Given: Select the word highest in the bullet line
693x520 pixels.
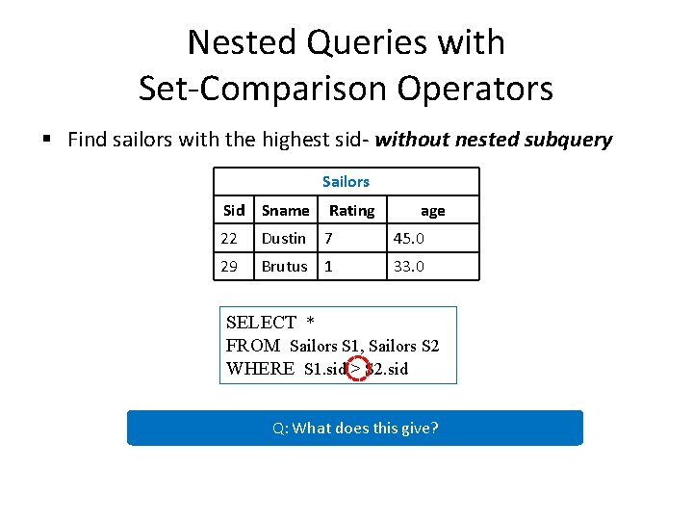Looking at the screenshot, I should tap(302, 140).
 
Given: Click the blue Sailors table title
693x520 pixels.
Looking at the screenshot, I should tap(346, 181).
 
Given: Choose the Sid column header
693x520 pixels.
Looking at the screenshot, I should tap(234, 210).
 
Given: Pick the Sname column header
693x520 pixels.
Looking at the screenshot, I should tap(286, 210).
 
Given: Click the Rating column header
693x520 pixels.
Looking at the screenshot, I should tap(351, 210).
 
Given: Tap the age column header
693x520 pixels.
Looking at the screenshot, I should tap(433, 210).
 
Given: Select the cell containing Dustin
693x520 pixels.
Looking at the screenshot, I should tap(284, 238).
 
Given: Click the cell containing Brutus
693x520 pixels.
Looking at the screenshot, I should tap(285, 266).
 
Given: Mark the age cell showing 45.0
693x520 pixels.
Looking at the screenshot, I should tap(408, 238).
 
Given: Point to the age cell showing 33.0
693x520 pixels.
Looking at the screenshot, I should tap(408, 266).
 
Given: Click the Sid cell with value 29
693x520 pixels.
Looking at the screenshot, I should tap(229, 266).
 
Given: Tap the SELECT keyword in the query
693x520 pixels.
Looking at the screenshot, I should tap(261, 323).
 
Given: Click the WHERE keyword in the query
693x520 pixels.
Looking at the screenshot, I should tap(260, 368).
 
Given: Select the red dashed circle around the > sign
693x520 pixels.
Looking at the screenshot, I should tap(356, 368).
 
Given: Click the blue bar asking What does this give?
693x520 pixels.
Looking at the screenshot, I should tap(355, 428).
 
